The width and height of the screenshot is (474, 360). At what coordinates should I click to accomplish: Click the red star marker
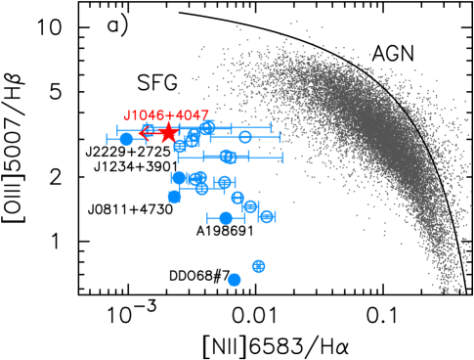click(x=169, y=132)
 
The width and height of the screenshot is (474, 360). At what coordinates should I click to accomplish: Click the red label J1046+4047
click(x=165, y=115)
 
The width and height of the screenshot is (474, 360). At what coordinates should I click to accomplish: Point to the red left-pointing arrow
click(x=149, y=131)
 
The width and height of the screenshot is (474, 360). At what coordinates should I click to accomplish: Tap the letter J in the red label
click(x=127, y=115)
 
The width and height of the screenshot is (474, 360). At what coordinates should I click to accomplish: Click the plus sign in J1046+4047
click(x=172, y=115)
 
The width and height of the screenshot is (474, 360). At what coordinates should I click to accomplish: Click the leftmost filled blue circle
click(x=126, y=139)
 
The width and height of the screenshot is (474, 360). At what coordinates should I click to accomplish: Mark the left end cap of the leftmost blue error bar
click(x=108, y=139)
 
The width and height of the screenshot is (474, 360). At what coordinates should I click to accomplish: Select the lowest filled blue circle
click(x=235, y=280)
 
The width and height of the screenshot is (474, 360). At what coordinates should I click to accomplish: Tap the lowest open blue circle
click(x=258, y=266)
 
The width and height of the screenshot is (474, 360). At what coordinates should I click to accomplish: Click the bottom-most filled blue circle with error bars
click(x=226, y=218)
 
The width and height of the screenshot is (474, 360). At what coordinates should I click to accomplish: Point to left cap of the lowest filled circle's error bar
click(x=208, y=218)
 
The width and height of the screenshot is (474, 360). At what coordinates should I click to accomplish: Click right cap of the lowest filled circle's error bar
click(x=243, y=218)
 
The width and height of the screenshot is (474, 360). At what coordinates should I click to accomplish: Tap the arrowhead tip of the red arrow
click(x=140, y=131)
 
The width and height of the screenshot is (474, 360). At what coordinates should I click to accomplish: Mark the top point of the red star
click(x=169, y=122)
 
